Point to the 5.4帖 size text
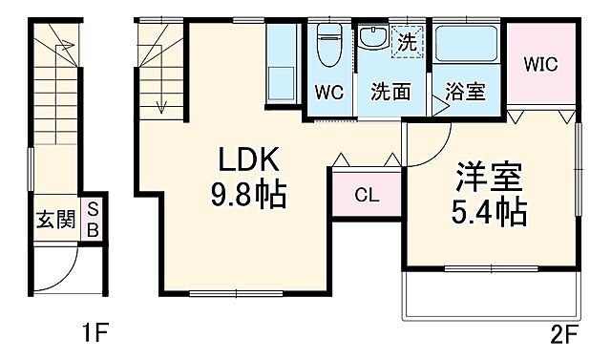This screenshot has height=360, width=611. tap(490, 212)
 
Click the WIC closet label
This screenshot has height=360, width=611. tap(540, 65)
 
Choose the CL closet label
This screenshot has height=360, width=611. tap(367, 196)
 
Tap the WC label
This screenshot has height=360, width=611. tap(330, 93)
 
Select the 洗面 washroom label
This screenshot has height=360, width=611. tap(390, 93)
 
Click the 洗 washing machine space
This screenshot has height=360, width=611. tap(407, 41)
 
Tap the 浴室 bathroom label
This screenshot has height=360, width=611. tap(466, 93)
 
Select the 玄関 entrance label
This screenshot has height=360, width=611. tap(55, 221)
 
